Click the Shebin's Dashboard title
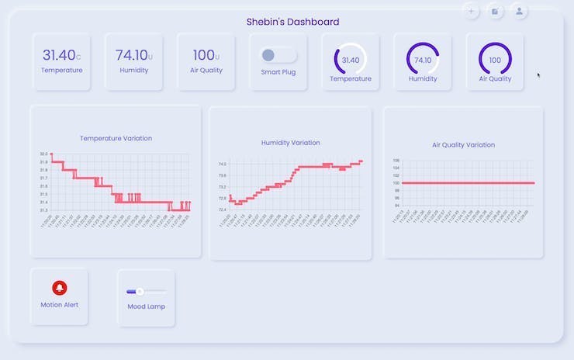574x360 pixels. pos(292,22)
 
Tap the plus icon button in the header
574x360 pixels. pos(471,11)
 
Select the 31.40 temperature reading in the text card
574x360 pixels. pos(59,55)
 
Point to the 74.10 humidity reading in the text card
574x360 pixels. pos(132,55)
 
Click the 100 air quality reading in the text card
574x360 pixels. pos(204,55)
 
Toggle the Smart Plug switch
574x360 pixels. pos(278,55)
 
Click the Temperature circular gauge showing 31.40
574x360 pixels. pos(351,60)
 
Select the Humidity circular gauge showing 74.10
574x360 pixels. pos(423,60)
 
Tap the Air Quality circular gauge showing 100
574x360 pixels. pos(495,60)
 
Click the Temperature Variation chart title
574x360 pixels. pos(116,138)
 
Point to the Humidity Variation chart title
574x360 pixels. pos(291,143)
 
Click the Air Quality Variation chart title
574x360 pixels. pos(463,145)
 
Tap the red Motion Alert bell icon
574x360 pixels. pos(60,289)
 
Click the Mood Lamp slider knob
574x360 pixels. pos(140,291)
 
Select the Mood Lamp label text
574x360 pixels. pos(146,306)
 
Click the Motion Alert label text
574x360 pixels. pos(60,305)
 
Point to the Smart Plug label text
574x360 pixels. pos(278,72)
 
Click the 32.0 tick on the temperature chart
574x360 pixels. pos(43,154)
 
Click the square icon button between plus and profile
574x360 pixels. pos(496,11)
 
